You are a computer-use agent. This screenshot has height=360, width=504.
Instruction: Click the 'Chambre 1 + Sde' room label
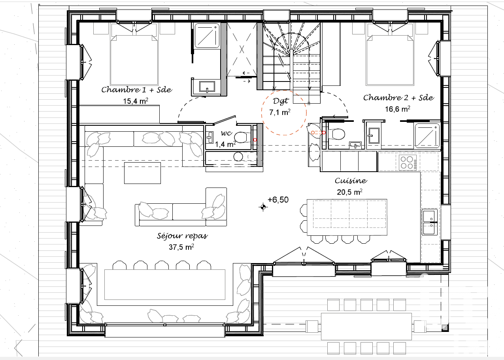137,90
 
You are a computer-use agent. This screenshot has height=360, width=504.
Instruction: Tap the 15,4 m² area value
136,101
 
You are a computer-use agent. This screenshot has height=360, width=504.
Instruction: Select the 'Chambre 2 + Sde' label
398,97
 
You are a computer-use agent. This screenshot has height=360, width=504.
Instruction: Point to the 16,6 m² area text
398,109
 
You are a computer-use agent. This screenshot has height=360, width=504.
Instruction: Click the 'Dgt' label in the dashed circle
280,101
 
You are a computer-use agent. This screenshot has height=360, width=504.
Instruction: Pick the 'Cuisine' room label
351,180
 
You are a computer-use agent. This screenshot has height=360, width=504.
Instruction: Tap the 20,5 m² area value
349,192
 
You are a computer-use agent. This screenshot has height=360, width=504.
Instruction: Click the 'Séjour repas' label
182,236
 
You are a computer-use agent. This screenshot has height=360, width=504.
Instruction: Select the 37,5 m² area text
181,247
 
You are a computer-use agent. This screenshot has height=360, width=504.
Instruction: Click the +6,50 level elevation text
278,200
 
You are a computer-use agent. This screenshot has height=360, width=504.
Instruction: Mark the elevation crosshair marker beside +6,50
263,207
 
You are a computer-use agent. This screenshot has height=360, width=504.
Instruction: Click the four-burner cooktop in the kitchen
408,162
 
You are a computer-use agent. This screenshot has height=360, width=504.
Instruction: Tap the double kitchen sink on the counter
430,222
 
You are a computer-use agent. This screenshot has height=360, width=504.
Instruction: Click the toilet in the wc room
243,137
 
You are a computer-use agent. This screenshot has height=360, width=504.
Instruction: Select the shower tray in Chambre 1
207,36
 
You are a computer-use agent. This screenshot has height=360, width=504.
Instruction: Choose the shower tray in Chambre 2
427,136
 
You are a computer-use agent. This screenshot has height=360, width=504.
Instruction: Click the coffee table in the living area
142,173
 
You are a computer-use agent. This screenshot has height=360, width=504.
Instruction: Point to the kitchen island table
347,217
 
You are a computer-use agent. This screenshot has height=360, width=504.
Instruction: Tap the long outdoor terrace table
366,326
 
